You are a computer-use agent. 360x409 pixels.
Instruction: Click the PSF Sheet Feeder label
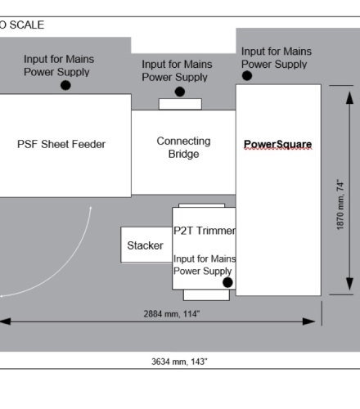point(61,144)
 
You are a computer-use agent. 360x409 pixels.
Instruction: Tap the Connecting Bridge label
point(183,147)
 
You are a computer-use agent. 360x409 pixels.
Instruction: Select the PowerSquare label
point(277,144)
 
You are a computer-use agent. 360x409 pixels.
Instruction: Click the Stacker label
point(145,245)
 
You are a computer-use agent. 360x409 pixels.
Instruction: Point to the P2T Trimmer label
point(205,231)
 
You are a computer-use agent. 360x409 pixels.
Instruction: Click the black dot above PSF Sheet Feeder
point(65,85)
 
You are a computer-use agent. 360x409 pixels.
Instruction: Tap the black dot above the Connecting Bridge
point(180,92)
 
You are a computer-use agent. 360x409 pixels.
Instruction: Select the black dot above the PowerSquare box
point(247,76)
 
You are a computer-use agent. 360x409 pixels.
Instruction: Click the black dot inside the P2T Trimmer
point(227,282)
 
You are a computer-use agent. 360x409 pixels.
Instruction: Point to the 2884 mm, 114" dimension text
point(172,314)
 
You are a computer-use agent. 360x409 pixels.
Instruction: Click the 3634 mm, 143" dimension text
point(179,362)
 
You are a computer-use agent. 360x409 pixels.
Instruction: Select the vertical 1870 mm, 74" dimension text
point(340,204)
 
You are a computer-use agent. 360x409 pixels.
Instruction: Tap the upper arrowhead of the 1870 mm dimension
point(350,97)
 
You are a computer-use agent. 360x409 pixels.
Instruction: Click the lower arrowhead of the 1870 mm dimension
point(350,284)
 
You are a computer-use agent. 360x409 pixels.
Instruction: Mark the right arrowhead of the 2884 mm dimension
point(309,321)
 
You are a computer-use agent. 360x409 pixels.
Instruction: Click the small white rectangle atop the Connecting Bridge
point(180,104)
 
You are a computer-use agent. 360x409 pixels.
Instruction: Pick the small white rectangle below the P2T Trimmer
point(206,295)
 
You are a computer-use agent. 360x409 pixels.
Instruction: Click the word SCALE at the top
point(27,25)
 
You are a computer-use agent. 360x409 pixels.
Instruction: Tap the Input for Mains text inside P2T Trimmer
point(205,258)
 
